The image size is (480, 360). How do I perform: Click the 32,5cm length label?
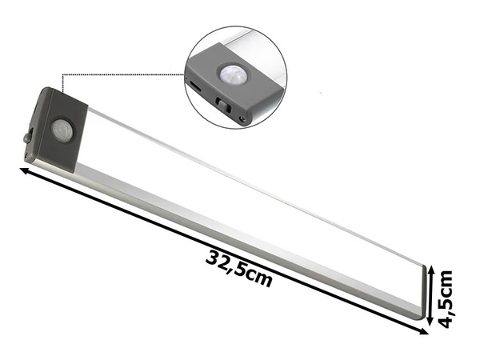click(x=239, y=270)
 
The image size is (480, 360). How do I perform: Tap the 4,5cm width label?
click(x=446, y=298)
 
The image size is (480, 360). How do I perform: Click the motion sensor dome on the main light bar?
click(x=61, y=128)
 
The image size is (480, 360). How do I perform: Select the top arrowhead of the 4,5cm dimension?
click(x=433, y=270)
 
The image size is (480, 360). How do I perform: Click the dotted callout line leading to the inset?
click(x=120, y=74)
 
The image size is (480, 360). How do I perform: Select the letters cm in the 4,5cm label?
click(x=446, y=282)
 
